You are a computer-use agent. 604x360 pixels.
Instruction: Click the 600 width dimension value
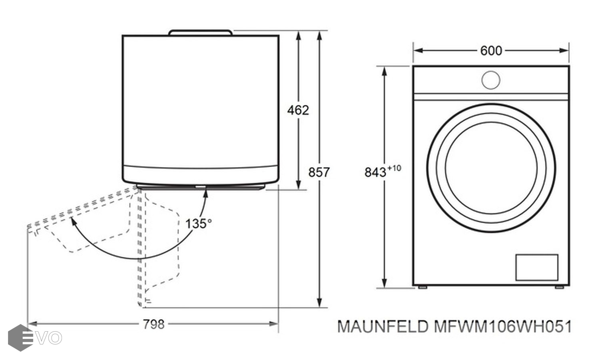point(491,51)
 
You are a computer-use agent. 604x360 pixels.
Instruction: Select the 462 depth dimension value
point(298,110)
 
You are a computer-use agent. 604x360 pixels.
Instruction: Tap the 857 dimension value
point(319,172)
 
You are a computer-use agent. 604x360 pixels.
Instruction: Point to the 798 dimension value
point(153,324)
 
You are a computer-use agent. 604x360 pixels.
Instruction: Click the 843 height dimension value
point(375,172)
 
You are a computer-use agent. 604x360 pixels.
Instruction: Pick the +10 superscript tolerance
point(394,168)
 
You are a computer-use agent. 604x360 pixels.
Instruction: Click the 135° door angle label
point(198,223)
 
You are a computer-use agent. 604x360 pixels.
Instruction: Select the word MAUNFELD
point(383,327)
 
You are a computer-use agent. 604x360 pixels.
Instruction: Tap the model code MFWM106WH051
point(502,327)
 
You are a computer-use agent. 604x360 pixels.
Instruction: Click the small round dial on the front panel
point(491,80)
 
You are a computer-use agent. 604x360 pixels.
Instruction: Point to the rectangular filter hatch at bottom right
point(536,267)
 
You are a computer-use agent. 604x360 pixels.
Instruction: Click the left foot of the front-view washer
point(422,287)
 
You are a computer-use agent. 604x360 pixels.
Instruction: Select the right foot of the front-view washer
point(559,287)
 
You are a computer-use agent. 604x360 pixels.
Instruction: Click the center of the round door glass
point(491,168)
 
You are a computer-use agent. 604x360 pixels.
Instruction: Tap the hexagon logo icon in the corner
point(20,338)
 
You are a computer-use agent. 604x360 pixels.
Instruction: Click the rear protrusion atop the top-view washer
point(200,32)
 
